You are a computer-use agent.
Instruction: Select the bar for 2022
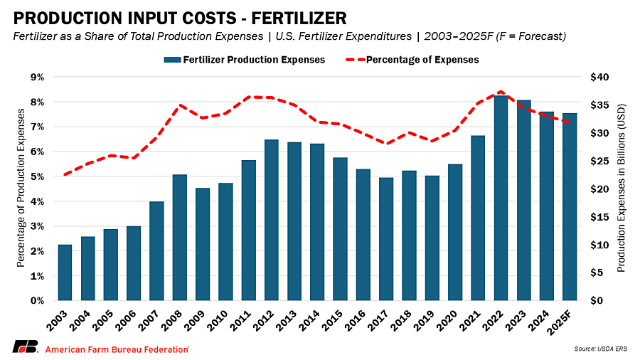click(x=501, y=198)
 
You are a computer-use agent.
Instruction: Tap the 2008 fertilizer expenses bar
click(x=180, y=238)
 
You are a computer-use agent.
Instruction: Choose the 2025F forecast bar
click(x=570, y=207)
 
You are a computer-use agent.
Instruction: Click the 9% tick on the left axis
click(x=36, y=77)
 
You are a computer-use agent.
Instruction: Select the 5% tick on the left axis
click(x=36, y=176)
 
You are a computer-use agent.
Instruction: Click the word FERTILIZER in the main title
click(x=269, y=16)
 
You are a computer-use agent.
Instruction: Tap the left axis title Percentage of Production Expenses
click(x=21, y=189)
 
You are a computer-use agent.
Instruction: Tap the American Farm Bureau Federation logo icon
click(x=25, y=348)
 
